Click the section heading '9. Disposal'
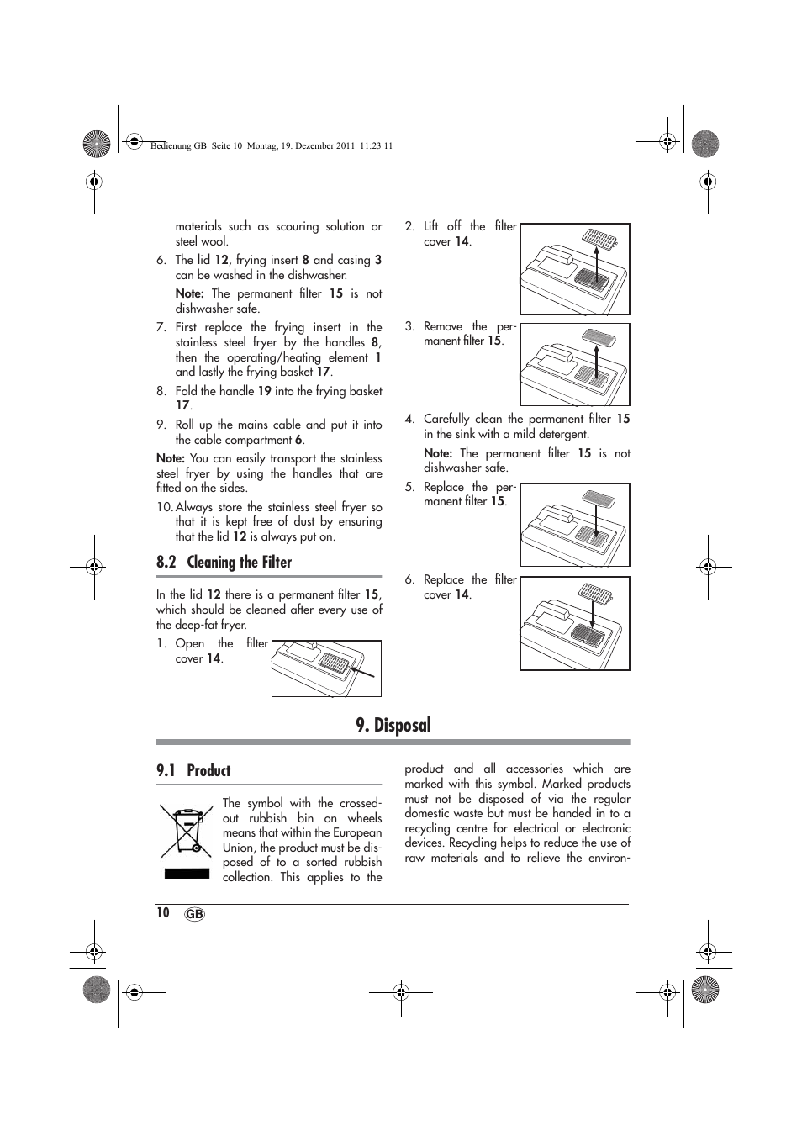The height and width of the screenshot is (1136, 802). (393, 725)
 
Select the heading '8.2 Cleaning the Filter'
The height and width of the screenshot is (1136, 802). (224, 562)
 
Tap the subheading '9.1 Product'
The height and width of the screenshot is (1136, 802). (193, 770)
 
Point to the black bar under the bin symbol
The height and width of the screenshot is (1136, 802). (187, 874)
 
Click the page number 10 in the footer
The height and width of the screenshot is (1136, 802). (163, 912)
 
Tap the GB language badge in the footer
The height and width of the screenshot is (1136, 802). (193, 914)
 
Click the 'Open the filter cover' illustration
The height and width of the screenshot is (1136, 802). (326, 668)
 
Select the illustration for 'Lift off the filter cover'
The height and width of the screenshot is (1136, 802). (574, 269)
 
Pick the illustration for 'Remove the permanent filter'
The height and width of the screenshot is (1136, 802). (574, 365)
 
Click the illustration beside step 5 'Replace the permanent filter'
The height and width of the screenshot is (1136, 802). (574, 526)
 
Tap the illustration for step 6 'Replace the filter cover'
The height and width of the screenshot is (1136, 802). (574, 623)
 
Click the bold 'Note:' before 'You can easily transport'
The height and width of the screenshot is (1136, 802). (171, 458)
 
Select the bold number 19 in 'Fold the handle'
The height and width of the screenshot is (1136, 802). (264, 391)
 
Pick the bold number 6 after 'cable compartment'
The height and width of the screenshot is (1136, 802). (298, 440)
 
